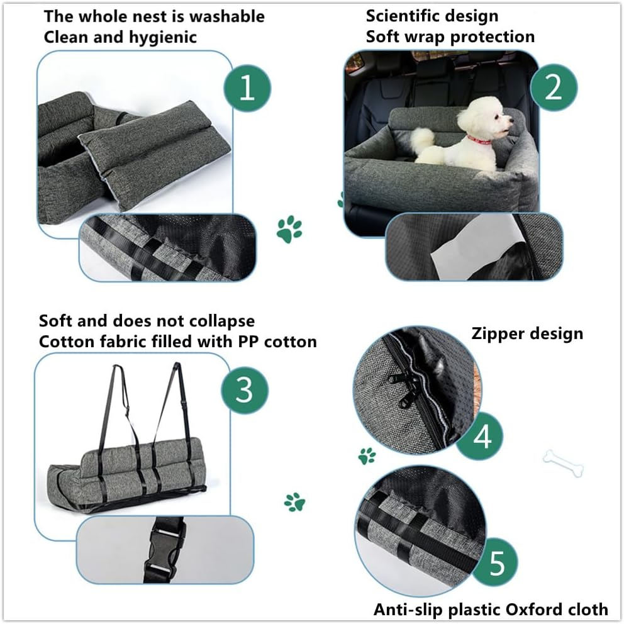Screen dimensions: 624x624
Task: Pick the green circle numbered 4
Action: click(x=481, y=437)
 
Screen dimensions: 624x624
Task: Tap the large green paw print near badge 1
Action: click(x=289, y=229)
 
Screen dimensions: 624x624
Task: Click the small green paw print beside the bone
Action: click(x=367, y=455)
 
